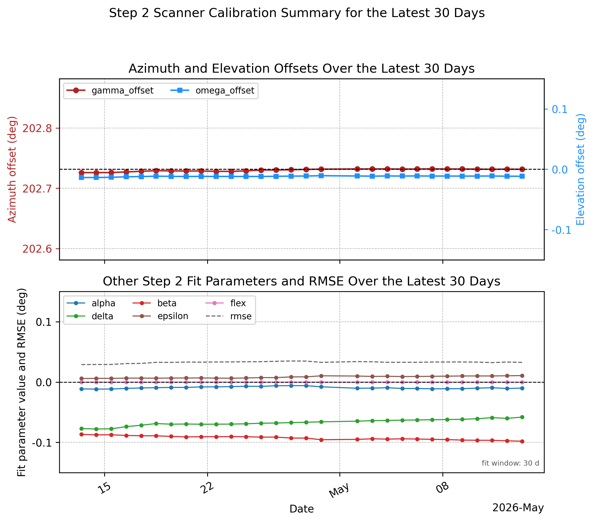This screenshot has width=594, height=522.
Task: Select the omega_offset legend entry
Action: pyautogui.click(x=212, y=90)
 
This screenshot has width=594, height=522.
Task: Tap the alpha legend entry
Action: pyautogui.click(x=91, y=303)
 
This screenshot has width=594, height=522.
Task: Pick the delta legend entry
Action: pyautogui.click(x=90, y=316)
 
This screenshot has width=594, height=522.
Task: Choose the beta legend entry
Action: pyautogui.click(x=155, y=303)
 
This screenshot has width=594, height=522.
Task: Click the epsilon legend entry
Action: pyautogui.click(x=160, y=316)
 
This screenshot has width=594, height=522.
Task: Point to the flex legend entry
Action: pyautogui.click(x=226, y=303)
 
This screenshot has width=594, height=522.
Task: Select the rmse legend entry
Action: pyautogui.click(x=229, y=316)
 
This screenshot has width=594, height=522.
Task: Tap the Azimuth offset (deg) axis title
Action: pyautogui.click(x=12, y=169)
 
